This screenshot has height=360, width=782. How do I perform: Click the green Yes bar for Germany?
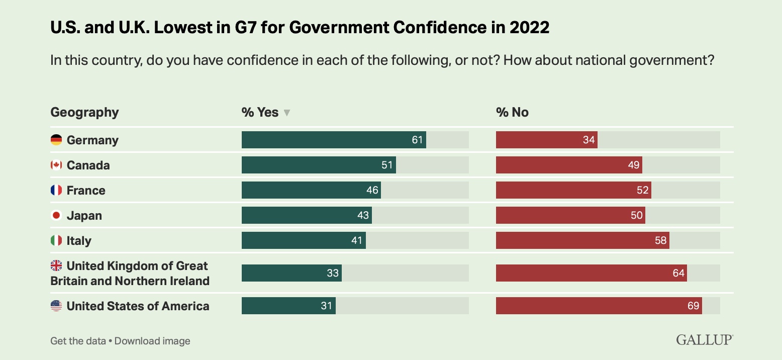(334, 140)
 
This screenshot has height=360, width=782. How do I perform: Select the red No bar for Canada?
(569, 165)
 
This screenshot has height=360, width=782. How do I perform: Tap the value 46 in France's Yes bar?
(372, 190)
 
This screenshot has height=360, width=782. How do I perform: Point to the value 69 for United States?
(694, 306)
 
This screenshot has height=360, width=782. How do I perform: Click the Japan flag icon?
(56, 215)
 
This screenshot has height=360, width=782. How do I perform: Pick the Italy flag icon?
(56, 240)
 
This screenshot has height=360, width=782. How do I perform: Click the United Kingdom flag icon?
(56, 265)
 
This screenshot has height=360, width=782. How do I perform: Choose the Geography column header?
(84, 112)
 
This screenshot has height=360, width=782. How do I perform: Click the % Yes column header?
(260, 112)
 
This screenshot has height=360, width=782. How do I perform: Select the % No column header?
(512, 112)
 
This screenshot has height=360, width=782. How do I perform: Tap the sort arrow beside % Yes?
(287, 113)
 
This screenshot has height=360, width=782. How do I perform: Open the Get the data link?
(78, 341)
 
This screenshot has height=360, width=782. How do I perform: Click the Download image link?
(152, 341)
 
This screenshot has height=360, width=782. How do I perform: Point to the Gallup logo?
(704, 340)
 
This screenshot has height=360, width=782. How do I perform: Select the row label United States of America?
(138, 306)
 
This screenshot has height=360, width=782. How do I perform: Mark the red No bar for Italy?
(582, 240)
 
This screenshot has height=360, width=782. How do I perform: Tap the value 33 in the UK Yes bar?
(333, 273)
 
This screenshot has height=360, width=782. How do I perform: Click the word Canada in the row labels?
(88, 165)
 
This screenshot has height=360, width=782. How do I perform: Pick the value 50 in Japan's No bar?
(637, 215)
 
